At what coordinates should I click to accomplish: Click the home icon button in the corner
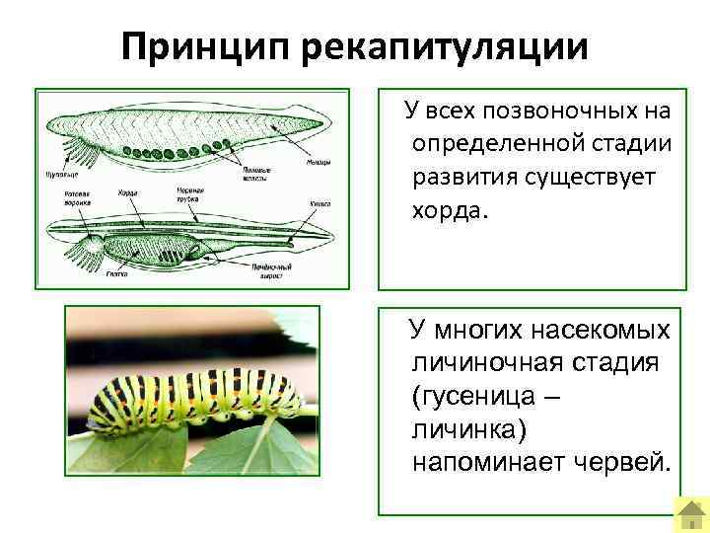click(689, 512)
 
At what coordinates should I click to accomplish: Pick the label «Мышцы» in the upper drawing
click(317, 162)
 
